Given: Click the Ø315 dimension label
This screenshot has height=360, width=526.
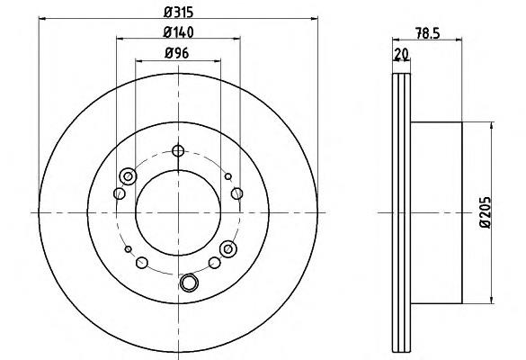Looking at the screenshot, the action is [x=178, y=12].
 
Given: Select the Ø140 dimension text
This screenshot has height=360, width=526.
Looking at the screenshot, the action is [x=178, y=32].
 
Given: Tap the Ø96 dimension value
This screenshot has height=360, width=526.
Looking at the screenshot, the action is [x=177, y=53].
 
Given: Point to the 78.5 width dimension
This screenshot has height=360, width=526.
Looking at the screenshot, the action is [x=427, y=33].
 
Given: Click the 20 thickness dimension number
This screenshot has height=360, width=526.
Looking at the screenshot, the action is [x=401, y=54].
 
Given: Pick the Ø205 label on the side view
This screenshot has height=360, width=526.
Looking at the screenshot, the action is [x=485, y=212].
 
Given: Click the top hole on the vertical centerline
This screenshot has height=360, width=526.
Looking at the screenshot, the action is [x=178, y=151].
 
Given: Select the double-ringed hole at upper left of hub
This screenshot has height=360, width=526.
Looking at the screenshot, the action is [x=128, y=176].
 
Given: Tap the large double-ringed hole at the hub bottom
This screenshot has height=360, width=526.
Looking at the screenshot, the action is [x=189, y=283].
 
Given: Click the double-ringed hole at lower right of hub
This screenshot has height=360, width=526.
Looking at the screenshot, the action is [x=228, y=248].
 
